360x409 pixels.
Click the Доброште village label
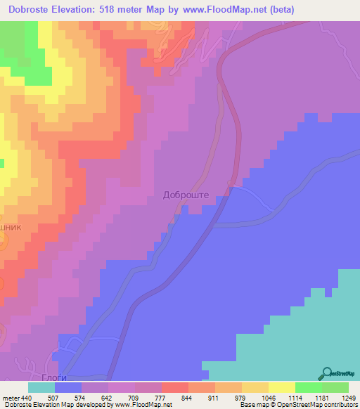pos(186,196)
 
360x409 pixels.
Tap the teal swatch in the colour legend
pos(41,387)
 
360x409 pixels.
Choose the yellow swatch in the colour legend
pos(281,387)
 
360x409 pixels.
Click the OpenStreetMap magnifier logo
pos(325,373)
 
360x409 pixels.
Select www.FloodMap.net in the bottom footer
pos(145,405)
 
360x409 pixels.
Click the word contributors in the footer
pos(341,405)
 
